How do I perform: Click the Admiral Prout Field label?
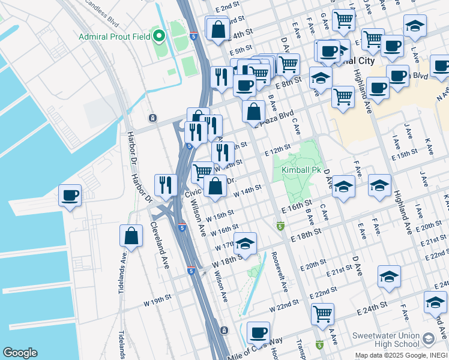115,37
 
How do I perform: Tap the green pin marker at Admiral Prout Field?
160,37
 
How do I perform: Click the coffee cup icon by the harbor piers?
70,196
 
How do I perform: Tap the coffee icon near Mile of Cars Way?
258,332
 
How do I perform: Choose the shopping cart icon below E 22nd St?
323,314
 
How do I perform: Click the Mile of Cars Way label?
255,349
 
